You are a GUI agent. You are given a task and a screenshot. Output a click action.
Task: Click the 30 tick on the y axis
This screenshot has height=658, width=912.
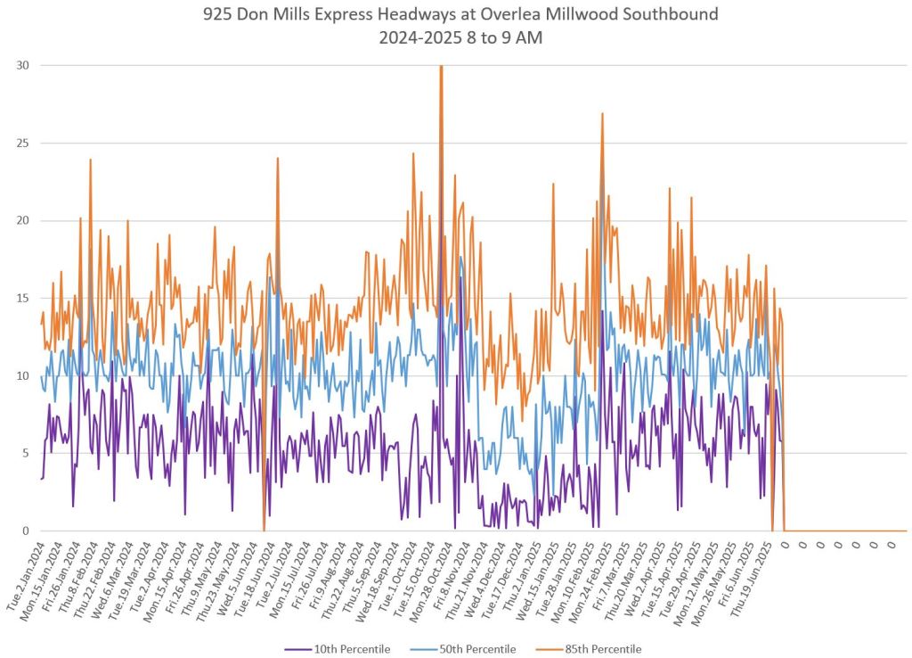point(22,65)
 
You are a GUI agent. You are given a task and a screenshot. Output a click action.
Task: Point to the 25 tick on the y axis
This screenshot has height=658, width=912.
point(22,143)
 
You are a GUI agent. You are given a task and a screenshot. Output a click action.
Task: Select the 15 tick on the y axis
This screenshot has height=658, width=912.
point(22,298)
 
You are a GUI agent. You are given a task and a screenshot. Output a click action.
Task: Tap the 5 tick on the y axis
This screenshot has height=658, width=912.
point(25,453)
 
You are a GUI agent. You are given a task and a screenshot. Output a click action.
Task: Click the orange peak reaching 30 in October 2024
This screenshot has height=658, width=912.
point(441,67)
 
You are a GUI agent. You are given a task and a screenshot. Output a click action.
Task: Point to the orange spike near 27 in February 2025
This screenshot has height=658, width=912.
point(602,114)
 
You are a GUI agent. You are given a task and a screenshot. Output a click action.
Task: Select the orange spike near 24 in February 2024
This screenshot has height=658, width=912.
point(90,160)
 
